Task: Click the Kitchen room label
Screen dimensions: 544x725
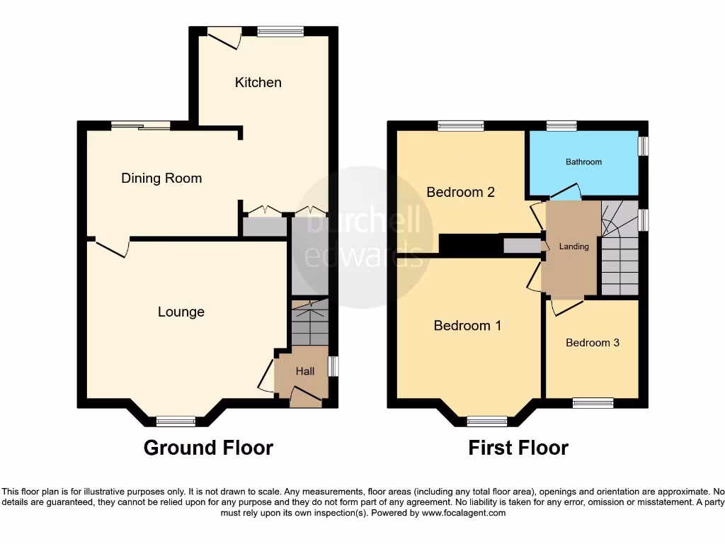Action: pos(258,82)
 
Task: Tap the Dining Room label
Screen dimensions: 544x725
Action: pos(161,178)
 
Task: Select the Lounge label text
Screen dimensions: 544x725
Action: pos(181,312)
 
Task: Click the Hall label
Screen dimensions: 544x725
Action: pos(305,371)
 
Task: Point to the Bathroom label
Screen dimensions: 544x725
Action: pos(583,161)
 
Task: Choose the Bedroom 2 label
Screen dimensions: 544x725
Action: pos(459,192)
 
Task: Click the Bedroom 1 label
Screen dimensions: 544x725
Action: pos(467,326)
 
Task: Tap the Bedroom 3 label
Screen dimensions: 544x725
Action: pos(593,343)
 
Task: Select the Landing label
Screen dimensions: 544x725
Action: pos(573,246)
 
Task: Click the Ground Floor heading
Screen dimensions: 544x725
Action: pos(208,448)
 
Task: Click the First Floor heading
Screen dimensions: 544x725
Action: pos(518,448)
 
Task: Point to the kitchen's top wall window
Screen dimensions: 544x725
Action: pos(280,31)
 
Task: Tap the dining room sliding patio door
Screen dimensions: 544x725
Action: pos(140,126)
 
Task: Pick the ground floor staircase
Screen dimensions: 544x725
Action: pos(309,323)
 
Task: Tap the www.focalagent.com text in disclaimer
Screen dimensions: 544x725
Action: pos(463,513)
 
